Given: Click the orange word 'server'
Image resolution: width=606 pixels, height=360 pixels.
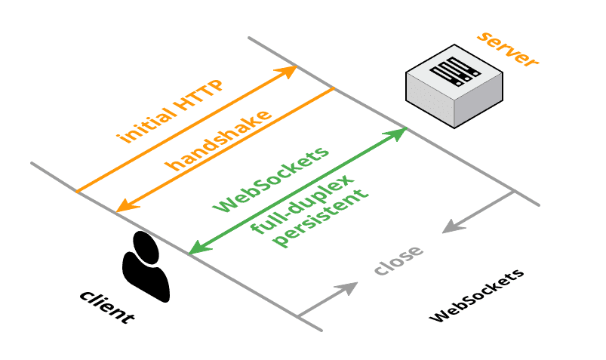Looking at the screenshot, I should (508, 51).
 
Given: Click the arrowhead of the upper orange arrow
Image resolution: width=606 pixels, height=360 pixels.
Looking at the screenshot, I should (288, 71).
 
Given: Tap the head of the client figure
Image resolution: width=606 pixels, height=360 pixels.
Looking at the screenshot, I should (143, 244).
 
